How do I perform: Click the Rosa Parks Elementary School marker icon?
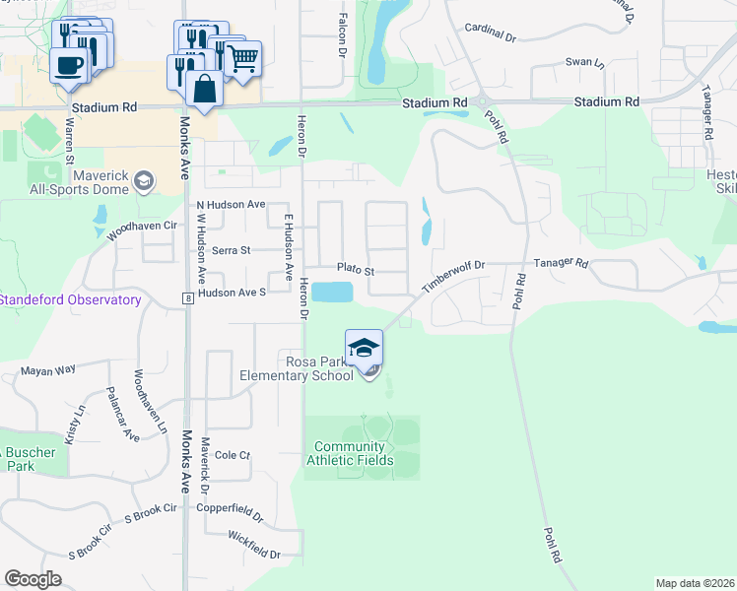(x=364, y=348)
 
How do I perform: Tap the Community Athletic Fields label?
(x=350, y=454)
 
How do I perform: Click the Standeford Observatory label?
(x=71, y=299)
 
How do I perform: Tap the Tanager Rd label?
(x=561, y=264)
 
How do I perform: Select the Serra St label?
(x=228, y=250)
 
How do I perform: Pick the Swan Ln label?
(x=585, y=62)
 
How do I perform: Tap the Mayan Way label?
(x=49, y=370)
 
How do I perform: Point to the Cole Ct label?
(x=233, y=455)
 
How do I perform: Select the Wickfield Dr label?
(x=254, y=544)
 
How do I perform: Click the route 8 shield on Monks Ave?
(x=185, y=297)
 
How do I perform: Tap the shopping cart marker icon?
(x=242, y=58)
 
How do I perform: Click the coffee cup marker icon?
(x=69, y=65)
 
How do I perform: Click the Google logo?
(x=33, y=579)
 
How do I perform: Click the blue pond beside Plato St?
(x=335, y=293)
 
